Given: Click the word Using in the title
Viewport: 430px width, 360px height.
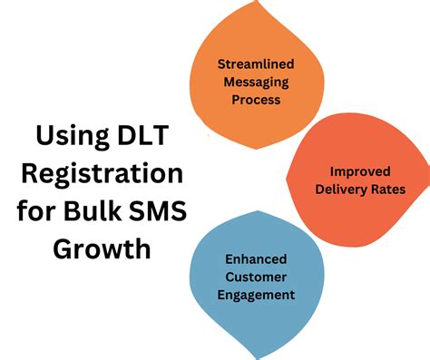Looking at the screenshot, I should pyautogui.click(x=70, y=139).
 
